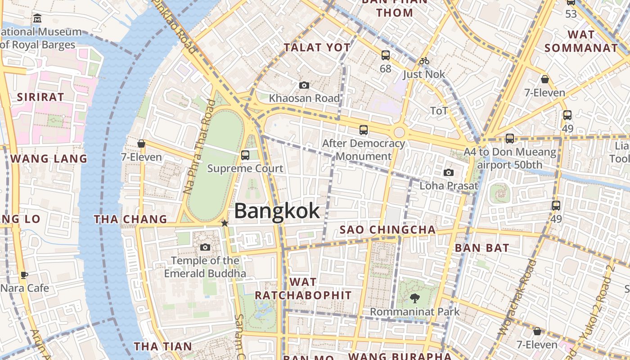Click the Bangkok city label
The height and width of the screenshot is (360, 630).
click(x=277, y=211)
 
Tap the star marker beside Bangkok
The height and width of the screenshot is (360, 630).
click(x=225, y=223)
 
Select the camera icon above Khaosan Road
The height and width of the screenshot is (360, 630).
click(x=304, y=85)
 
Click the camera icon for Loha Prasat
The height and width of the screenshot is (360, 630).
click(x=448, y=172)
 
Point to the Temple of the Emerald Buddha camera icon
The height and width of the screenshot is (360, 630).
click(x=205, y=247)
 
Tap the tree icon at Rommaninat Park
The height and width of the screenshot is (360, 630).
click(x=414, y=298)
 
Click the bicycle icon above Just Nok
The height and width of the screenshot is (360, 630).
click(x=424, y=61)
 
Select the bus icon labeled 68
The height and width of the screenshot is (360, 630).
click(x=386, y=55)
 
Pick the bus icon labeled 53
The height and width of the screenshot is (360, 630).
click(x=571, y=2)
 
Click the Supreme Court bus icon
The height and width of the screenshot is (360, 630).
click(x=245, y=155)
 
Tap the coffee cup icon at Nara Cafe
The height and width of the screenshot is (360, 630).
click(x=24, y=275)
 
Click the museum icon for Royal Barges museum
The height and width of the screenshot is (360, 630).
click(x=37, y=19)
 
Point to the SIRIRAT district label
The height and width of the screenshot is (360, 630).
click(x=40, y=97)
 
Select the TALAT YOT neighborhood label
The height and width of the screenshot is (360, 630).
click(x=317, y=47)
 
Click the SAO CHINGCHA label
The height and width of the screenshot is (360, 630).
click(x=387, y=230)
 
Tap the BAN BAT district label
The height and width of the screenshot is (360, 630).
click(x=482, y=248)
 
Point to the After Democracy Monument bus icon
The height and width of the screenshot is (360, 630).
click(x=364, y=130)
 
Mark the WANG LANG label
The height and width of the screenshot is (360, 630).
click(x=49, y=159)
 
